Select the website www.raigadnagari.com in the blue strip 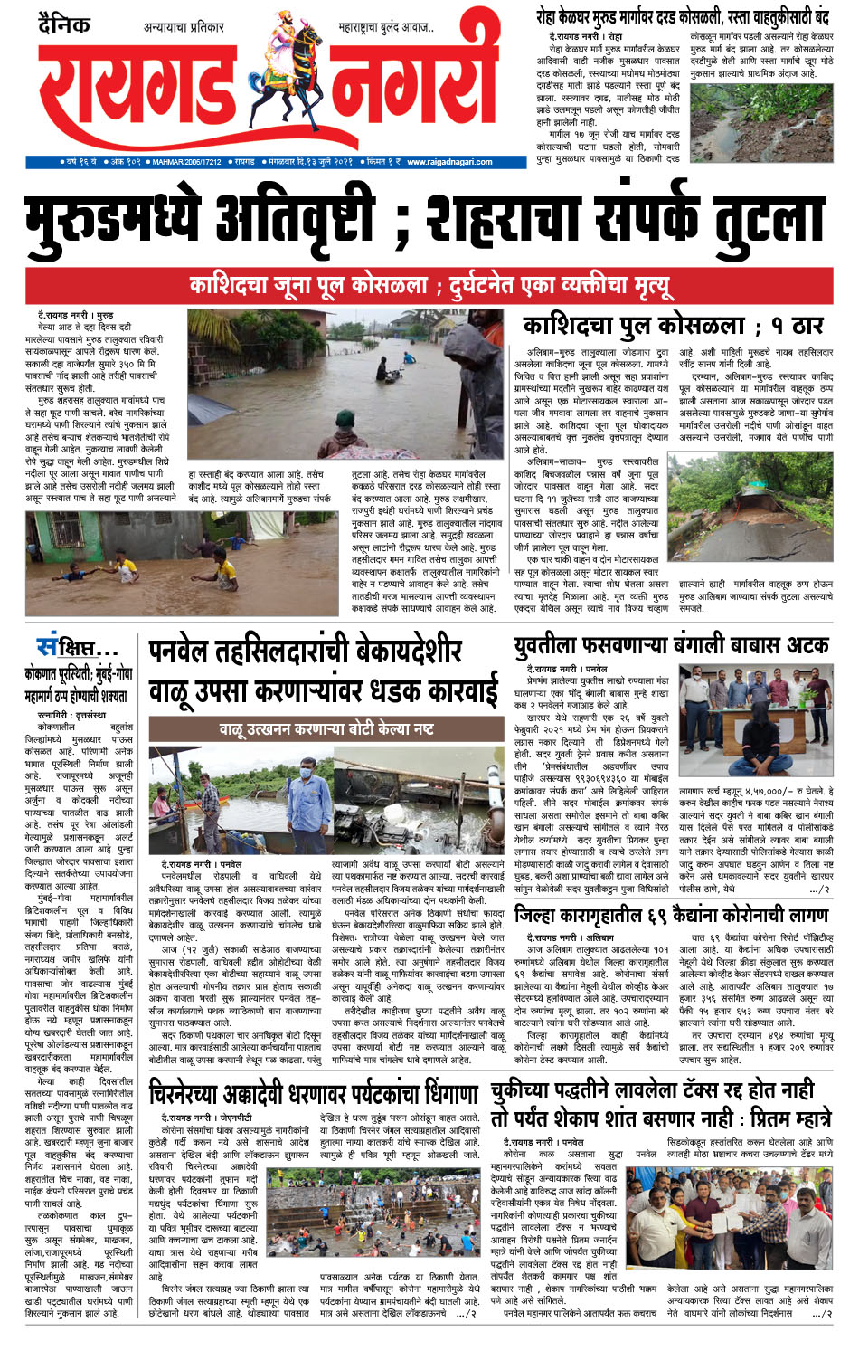[x=449, y=162]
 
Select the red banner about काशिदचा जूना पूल [x=429, y=286]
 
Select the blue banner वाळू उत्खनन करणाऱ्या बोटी [x=326, y=728]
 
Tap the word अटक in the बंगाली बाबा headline [x=800, y=645]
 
